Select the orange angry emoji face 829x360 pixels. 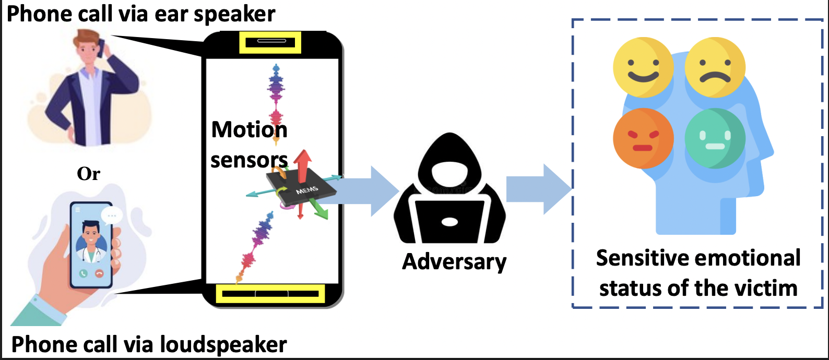643,138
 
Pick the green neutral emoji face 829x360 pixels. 715,138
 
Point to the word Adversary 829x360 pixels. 454,261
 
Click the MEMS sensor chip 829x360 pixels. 301,188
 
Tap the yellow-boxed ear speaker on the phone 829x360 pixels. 270,41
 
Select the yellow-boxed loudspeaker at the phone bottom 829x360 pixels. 270,294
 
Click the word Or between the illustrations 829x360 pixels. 88,174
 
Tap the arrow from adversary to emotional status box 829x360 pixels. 538,189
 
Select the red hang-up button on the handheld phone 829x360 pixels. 99,273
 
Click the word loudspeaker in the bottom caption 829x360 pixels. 223,344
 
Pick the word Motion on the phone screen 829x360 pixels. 249,130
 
